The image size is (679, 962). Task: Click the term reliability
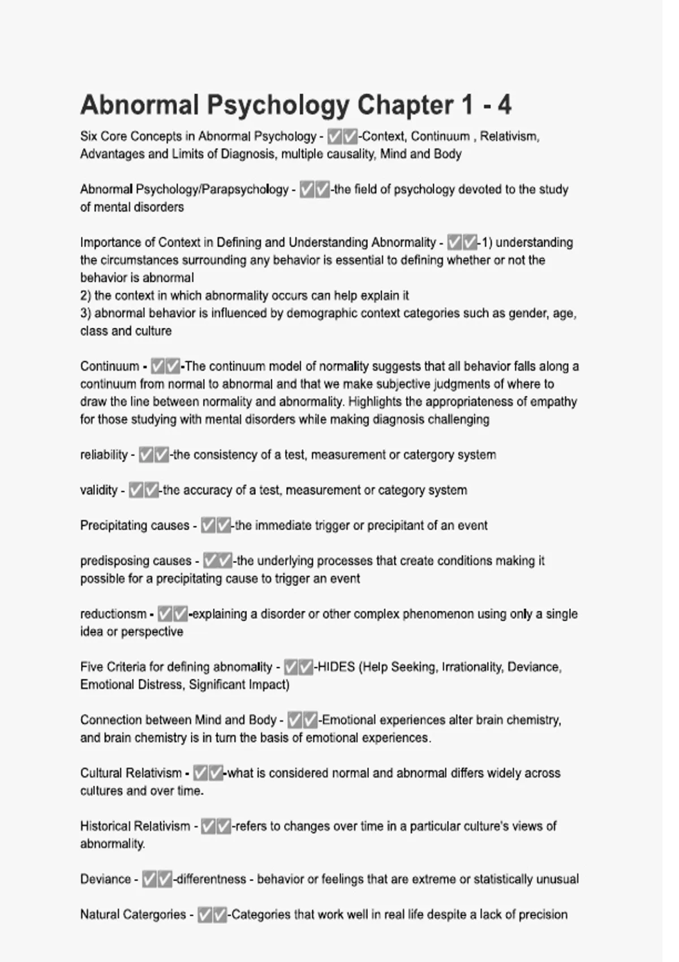[104, 455]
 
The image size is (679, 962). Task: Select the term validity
[98, 490]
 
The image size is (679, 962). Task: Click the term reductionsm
[113, 614]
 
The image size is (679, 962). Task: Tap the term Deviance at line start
[105, 879]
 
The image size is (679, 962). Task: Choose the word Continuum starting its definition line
[109, 367]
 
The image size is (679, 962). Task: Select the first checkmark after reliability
[146, 455]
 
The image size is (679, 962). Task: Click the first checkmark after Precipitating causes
[208, 526]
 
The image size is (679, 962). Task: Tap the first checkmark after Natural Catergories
[205, 914]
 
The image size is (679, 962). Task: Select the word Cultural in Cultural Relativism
[102, 773]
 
